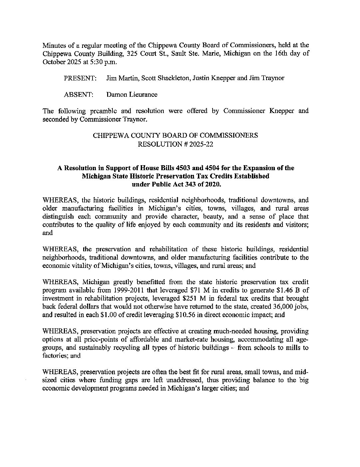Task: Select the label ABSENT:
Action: click(x=78, y=95)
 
